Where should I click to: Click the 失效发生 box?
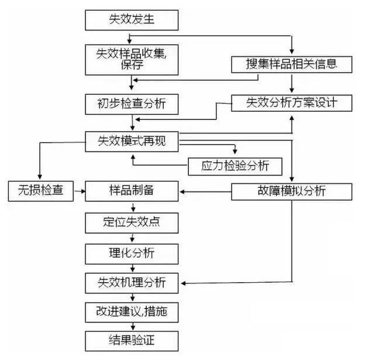click(x=132, y=20)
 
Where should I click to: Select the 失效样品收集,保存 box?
click(x=132, y=60)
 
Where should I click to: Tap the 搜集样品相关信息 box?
click(x=291, y=64)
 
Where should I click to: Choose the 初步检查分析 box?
click(x=132, y=104)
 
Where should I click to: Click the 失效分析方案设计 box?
click(x=291, y=103)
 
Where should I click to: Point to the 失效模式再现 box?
click(x=132, y=142)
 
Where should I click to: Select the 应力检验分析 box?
click(x=235, y=166)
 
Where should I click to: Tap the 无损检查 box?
click(x=40, y=191)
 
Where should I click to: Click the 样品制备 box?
click(x=132, y=191)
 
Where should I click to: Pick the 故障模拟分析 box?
click(x=291, y=191)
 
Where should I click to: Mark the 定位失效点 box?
click(x=132, y=223)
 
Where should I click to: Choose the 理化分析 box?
click(x=132, y=254)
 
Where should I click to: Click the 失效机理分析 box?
click(x=132, y=283)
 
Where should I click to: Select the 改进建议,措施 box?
click(x=132, y=313)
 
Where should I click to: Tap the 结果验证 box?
click(x=132, y=341)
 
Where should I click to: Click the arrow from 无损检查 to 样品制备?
click(x=80, y=191)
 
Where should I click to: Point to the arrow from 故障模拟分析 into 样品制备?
click(x=205, y=192)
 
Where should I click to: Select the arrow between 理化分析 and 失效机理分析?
click(x=132, y=268)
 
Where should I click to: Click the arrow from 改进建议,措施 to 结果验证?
click(x=133, y=327)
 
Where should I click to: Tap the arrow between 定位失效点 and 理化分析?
click(x=132, y=238)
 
